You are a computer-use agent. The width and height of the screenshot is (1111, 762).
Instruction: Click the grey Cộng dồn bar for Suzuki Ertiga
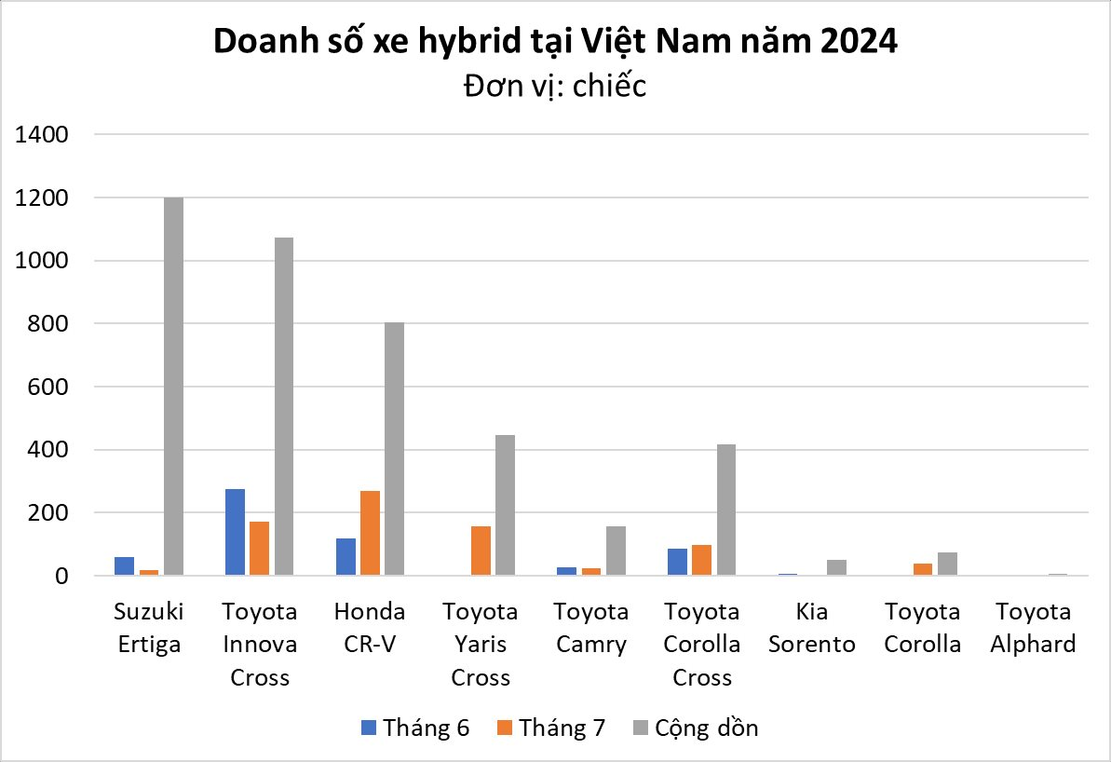(173, 387)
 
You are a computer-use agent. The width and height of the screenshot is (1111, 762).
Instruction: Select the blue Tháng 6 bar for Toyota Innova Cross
(235, 532)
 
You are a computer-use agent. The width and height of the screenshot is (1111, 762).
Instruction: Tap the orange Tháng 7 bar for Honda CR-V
(370, 533)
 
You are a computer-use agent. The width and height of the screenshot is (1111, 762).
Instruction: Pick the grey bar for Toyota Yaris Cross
(505, 505)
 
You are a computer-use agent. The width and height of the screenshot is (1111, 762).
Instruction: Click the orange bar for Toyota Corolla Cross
(702, 560)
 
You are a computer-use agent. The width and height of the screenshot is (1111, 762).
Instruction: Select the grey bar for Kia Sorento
(836, 567)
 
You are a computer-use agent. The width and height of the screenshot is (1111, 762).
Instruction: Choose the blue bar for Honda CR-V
(345, 556)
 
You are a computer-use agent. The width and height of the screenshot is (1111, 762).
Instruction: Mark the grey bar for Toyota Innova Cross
(283, 406)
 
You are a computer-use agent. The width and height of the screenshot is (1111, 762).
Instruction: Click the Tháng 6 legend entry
(414, 728)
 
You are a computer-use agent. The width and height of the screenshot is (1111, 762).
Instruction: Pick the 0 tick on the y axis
(61, 576)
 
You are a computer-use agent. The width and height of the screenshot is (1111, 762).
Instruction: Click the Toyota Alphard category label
(1033, 628)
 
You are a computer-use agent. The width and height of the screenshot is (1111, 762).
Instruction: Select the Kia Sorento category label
(812, 628)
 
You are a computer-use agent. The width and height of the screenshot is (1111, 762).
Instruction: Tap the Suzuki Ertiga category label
(149, 628)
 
